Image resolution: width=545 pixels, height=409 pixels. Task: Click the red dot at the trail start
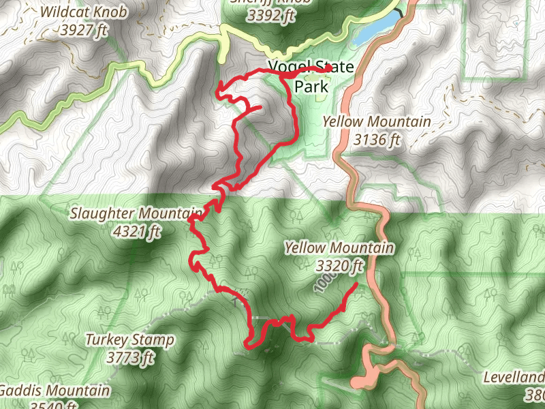click(328, 68)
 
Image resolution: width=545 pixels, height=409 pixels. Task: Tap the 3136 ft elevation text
click(375, 140)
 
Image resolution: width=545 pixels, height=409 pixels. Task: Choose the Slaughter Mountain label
click(136, 214)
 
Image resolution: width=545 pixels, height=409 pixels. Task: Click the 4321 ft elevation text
click(138, 232)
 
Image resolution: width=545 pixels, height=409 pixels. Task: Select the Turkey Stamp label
click(129, 339)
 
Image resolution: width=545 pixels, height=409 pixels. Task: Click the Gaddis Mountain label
click(54, 391)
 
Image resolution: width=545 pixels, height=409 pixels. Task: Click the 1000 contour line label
click(324, 283)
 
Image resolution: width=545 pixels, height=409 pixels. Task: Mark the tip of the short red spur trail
click(261, 107)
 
